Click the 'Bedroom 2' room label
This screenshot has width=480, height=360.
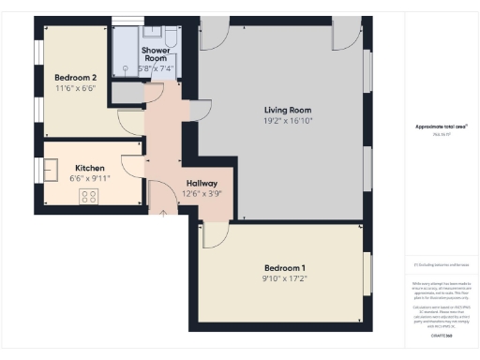(x=76, y=77)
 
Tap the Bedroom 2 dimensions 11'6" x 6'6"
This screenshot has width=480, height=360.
(x=76, y=87)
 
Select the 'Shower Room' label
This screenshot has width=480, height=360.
(x=156, y=54)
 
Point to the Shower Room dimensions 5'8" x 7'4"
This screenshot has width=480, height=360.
(x=156, y=68)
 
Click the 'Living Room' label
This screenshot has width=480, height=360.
(x=286, y=110)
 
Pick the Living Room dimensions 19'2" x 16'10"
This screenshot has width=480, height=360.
(x=286, y=121)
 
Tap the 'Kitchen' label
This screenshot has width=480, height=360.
(x=89, y=169)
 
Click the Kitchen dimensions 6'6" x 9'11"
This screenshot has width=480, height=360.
(x=89, y=179)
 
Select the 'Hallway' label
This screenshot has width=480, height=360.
(x=202, y=183)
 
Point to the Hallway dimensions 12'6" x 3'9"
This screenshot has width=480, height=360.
(x=202, y=194)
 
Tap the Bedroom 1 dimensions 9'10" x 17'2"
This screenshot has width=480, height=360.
(x=285, y=277)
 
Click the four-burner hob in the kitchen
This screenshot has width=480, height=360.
(x=90, y=196)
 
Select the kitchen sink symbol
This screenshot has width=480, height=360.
(x=52, y=171)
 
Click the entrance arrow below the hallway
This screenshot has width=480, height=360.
(x=163, y=215)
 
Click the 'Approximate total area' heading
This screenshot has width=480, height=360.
(x=441, y=126)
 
